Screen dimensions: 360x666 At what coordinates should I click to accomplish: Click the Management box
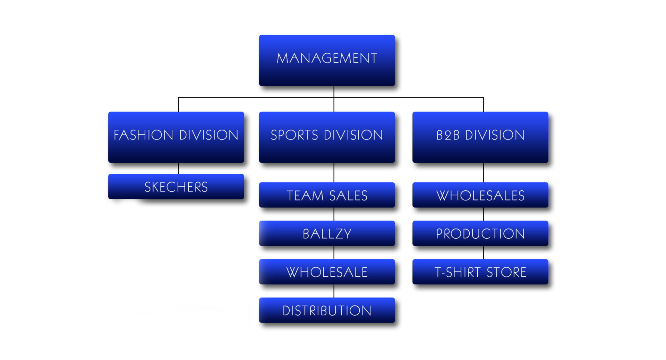pyautogui.click(x=327, y=60)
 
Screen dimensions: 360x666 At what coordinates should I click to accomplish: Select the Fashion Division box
pyautogui.click(x=176, y=137)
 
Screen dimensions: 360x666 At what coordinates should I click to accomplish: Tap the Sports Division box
pyautogui.click(x=327, y=137)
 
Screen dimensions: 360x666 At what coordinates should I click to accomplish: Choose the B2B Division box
pyautogui.click(x=480, y=137)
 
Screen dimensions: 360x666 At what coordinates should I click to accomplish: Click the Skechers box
pyautogui.click(x=176, y=187)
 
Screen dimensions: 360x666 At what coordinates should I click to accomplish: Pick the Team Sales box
pyautogui.click(x=327, y=195)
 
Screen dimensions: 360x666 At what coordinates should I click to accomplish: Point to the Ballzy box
pyautogui.click(x=327, y=233)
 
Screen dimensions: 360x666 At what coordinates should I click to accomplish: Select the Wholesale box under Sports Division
pyautogui.click(x=327, y=272)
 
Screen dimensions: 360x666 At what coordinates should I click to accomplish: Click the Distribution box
pyautogui.click(x=327, y=310)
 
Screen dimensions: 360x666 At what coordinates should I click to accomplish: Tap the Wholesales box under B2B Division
pyautogui.click(x=480, y=195)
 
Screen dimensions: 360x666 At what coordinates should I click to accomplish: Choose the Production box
pyautogui.click(x=480, y=233)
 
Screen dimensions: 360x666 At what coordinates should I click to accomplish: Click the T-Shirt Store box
pyautogui.click(x=480, y=272)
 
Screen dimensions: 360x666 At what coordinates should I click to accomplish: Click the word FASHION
pyautogui.click(x=143, y=135)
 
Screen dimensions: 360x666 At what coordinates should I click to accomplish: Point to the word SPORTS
pyautogui.click(x=294, y=135)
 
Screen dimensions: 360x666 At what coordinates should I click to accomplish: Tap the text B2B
pyautogui.click(x=448, y=135)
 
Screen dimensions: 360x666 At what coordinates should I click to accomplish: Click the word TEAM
pyautogui.click(x=305, y=196)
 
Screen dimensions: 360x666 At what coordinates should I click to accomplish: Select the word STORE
pyautogui.click(x=506, y=272)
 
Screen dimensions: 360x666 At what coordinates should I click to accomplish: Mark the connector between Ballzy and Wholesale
pyautogui.click(x=334, y=252)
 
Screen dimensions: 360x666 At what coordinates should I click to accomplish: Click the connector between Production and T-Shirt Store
pyautogui.click(x=484, y=252)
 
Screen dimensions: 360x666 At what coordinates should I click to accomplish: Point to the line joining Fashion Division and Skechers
pyautogui.click(x=178, y=169)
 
